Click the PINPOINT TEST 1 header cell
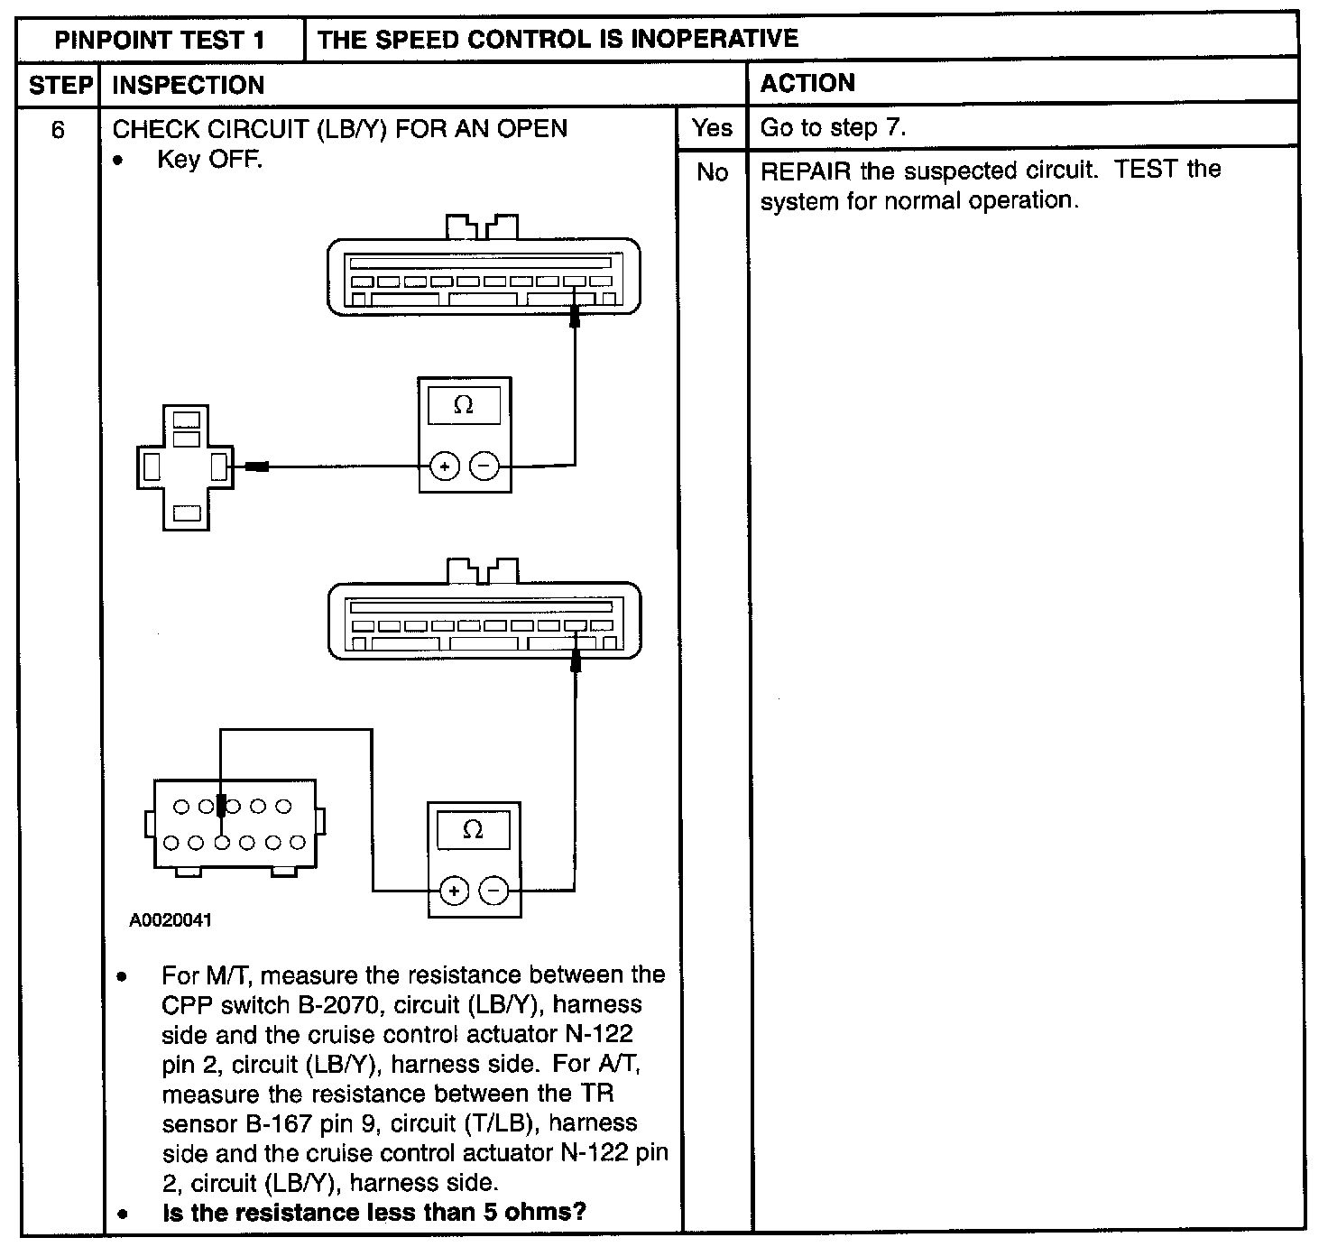[x=161, y=40]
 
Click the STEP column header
[x=60, y=86]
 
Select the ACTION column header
[x=807, y=84]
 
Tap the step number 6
[x=58, y=131]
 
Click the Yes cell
[x=713, y=128]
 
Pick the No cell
[x=713, y=172]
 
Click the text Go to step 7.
[x=833, y=128]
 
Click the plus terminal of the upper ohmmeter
[x=444, y=466]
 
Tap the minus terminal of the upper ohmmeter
[x=484, y=466]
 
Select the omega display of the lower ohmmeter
[x=472, y=830]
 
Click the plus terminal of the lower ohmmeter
[x=454, y=891]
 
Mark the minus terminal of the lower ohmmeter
[x=493, y=891]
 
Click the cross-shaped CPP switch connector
[x=186, y=467]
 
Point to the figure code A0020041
[x=171, y=921]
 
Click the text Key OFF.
[x=209, y=160]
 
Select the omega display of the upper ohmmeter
[x=464, y=406]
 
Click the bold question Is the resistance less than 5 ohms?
[x=373, y=1212]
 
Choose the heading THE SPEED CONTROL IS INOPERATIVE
[x=558, y=39]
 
